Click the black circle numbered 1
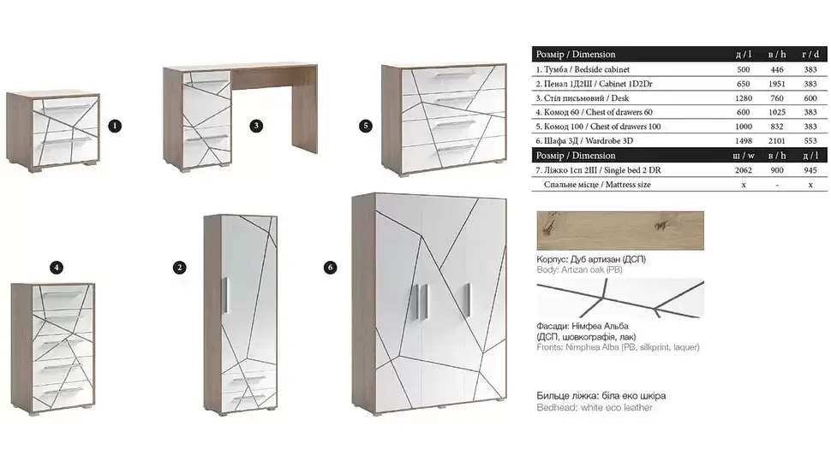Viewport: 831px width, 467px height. point(115,126)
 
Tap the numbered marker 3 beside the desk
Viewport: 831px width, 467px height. point(256,126)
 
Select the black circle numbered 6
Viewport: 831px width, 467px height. point(330,268)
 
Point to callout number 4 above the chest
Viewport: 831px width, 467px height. point(57,268)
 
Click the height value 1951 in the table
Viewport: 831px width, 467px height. point(777,84)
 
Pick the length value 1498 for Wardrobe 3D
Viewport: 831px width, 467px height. point(744,140)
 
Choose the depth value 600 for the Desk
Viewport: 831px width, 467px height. point(810,98)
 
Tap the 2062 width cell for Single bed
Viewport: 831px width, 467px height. point(744,170)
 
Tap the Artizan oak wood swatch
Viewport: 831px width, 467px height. point(620,231)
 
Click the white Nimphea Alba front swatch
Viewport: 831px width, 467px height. point(620,299)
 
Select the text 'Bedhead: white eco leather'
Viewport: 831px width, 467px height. point(595,408)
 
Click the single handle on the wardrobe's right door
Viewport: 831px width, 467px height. point(468,300)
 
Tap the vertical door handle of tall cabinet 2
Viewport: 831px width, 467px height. point(225,296)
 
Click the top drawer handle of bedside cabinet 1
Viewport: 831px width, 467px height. point(66,108)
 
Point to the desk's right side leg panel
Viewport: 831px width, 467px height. point(305,109)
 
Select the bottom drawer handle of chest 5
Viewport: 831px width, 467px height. point(455,149)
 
